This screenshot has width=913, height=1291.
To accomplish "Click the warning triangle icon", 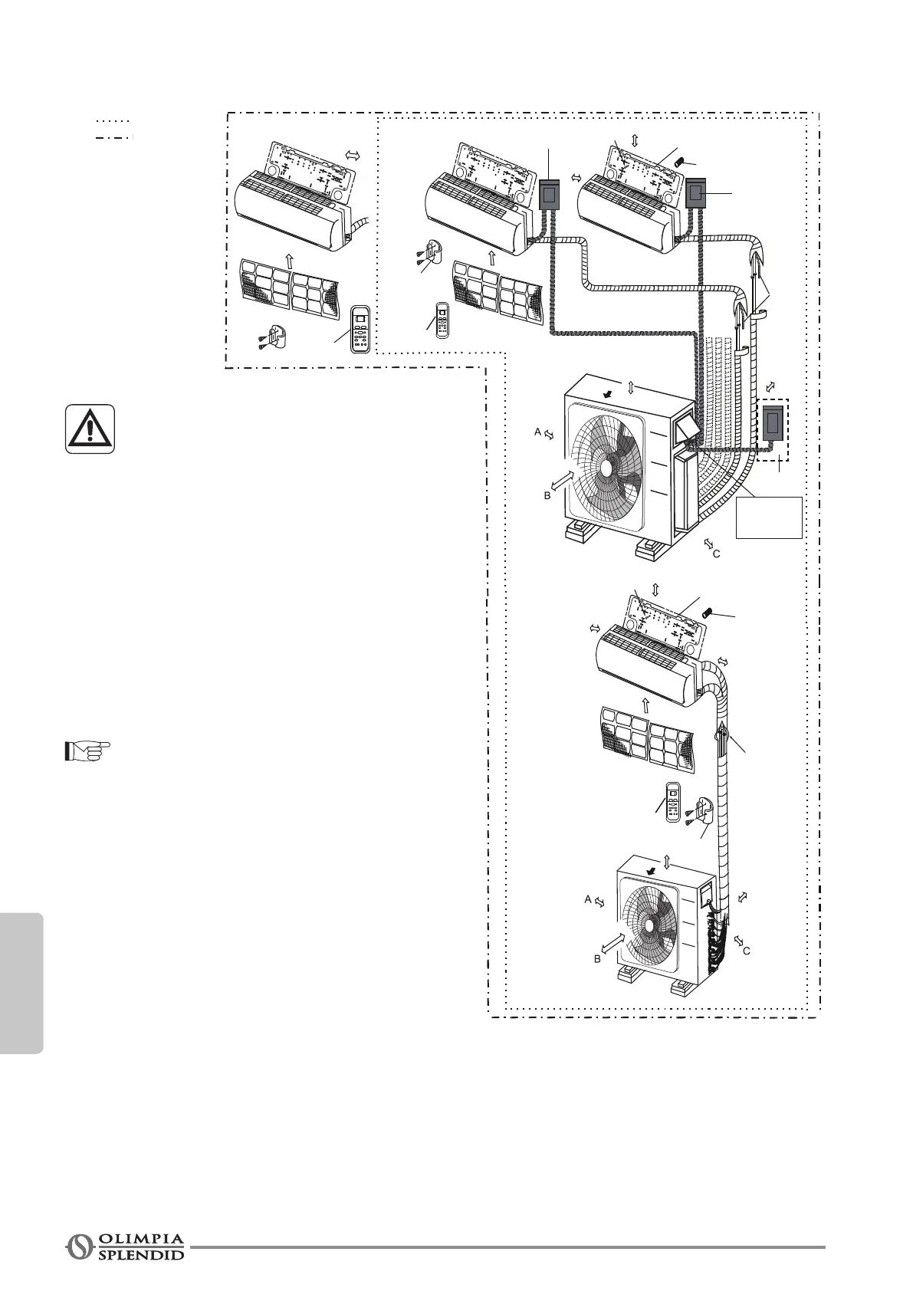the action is (x=90, y=429).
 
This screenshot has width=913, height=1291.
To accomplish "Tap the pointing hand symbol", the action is (x=87, y=751).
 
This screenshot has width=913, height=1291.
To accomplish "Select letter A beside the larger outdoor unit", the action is (x=538, y=432).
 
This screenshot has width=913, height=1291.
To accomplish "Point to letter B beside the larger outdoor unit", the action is (x=547, y=496).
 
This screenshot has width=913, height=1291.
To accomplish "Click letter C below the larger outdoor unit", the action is (x=717, y=553).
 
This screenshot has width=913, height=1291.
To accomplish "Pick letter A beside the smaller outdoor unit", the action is (x=588, y=899).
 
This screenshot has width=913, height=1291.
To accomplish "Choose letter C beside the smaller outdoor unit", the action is (x=746, y=951).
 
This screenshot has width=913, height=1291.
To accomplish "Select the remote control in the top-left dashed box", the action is (x=360, y=329).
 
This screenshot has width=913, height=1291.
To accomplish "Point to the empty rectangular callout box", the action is (x=769, y=517).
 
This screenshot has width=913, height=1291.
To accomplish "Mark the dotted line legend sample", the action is (x=113, y=121).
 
